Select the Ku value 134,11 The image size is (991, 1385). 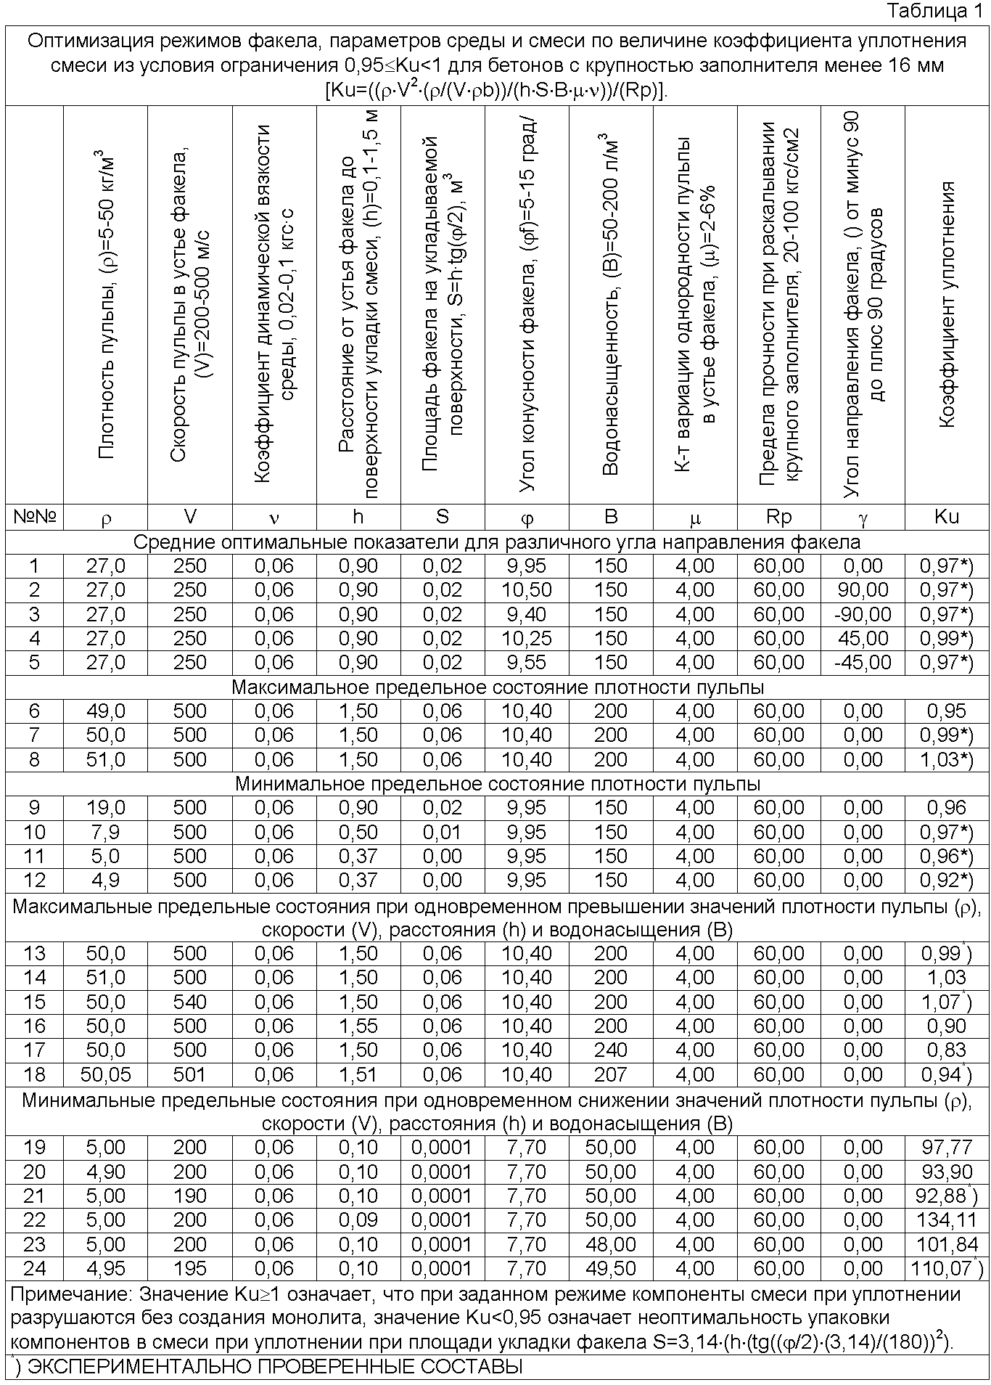947,1220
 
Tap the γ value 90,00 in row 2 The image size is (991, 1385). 863,590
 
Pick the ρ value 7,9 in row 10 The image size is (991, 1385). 106,832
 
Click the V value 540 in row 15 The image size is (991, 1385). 190,1002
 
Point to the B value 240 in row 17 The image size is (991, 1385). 611,1050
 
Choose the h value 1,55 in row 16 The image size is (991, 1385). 358,1026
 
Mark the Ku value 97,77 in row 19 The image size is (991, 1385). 947,1148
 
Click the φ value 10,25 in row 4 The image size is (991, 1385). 527,639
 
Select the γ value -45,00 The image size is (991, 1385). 863,663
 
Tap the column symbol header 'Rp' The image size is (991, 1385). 778,516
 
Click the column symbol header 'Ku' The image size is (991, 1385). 947,516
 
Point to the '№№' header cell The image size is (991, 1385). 34,516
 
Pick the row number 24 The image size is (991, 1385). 34,1269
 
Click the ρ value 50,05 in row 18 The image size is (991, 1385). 106,1074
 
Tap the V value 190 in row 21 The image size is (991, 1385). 190,1196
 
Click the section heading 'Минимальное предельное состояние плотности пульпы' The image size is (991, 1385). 498,784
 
